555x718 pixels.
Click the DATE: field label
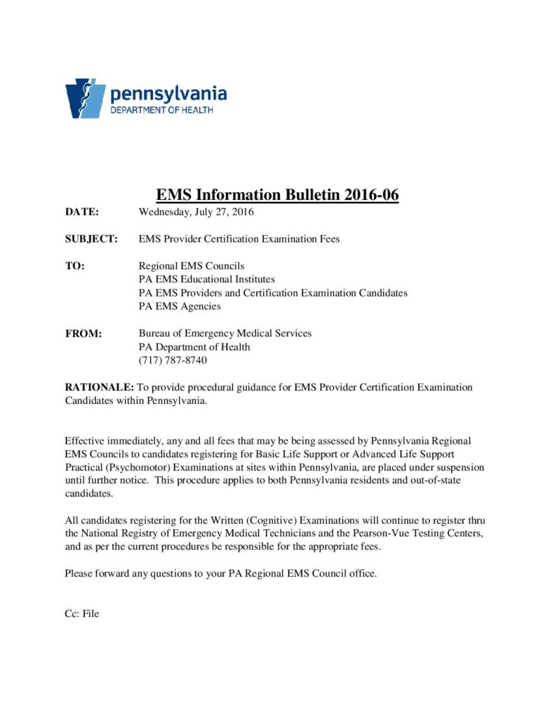(x=82, y=212)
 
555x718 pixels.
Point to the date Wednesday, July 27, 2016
(x=196, y=212)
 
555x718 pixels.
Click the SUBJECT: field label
(x=91, y=239)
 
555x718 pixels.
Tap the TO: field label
(x=74, y=266)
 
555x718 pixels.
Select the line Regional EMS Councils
(x=192, y=266)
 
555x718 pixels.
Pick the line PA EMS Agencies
(x=180, y=306)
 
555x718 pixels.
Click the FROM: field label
(x=83, y=334)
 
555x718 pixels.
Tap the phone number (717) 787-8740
(x=173, y=360)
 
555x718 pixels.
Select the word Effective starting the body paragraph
(x=86, y=442)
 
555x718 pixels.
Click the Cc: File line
(x=82, y=614)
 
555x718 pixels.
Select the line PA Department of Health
(x=194, y=347)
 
